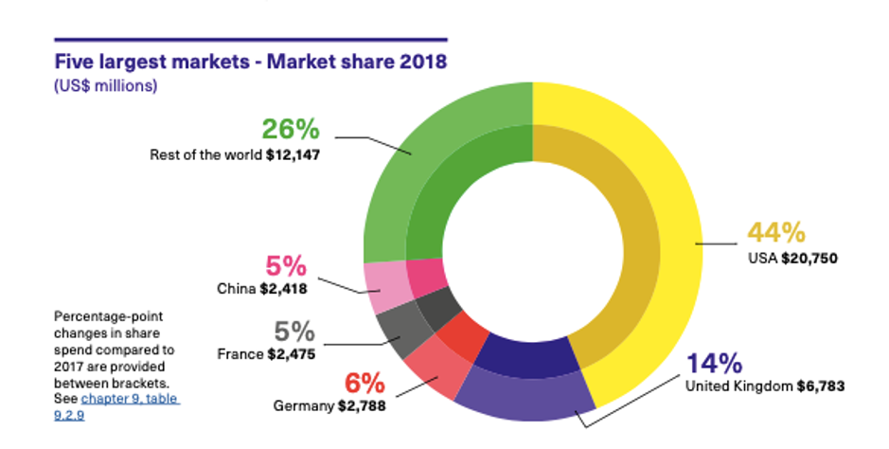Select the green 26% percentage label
click(x=290, y=130)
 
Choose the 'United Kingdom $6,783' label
click(x=763, y=386)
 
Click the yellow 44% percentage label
click(x=775, y=232)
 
